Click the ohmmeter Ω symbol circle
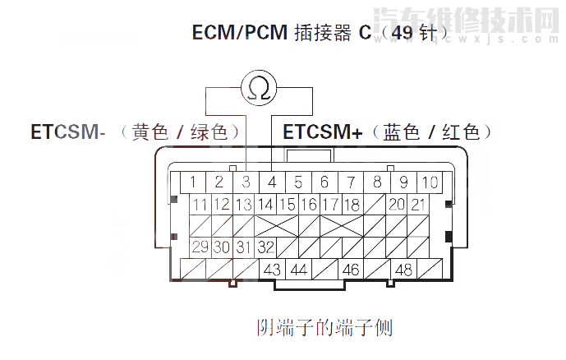(258, 89)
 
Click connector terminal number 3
(246, 182)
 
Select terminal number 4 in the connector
(272, 182)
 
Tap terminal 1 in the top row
(193, 182)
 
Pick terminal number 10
(430, 182)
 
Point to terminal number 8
(377, 182)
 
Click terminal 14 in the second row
(265, 204)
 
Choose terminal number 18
(352, 204)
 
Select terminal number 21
(418, 204)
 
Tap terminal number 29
(200, 247)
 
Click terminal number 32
(265, 247)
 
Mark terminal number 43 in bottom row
(272, 269)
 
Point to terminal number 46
(351, 269)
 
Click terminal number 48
(403, 269)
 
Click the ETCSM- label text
(68, 132)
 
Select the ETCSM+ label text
(322, 132)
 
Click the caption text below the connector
(325, 328)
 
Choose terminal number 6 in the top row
(324, 182)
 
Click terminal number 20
(397, 204)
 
